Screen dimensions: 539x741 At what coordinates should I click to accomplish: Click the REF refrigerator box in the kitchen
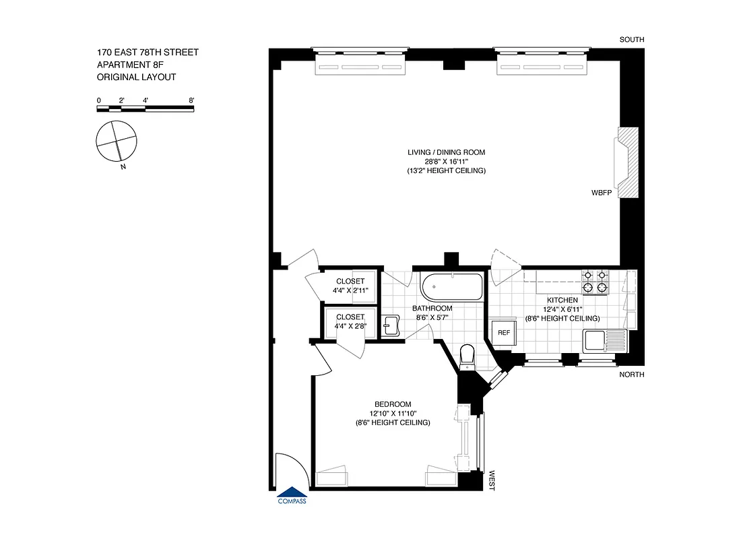[x=503, y=333]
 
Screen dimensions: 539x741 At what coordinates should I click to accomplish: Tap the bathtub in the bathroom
[x=451, y=287]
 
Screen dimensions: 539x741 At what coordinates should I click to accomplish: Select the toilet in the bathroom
[x=466, y=356]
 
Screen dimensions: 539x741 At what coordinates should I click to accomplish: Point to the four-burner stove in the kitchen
[x=595, y=282]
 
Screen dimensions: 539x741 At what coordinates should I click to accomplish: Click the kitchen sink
[x=605, y=340]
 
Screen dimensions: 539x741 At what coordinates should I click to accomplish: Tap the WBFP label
[x=602, y=192]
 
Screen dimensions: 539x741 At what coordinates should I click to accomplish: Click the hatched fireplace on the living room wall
[x=627, y=162]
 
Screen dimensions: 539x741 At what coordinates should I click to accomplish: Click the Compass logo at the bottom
[x=292, y=496]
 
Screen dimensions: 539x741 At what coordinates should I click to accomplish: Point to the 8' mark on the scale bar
[x=192, y=100]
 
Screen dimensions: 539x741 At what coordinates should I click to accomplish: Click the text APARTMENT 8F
[x=131, y=65]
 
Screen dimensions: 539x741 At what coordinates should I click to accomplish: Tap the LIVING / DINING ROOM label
[x=446, y=152]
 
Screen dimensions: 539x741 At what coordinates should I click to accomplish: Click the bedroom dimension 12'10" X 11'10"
[x=393, y=414]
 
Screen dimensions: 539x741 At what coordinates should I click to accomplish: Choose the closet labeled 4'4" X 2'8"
[x=348, y=321]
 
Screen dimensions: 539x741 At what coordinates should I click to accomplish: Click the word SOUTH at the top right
[x=632, y=40]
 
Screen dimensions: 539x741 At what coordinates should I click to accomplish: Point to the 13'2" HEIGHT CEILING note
[x=446, y=171]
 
